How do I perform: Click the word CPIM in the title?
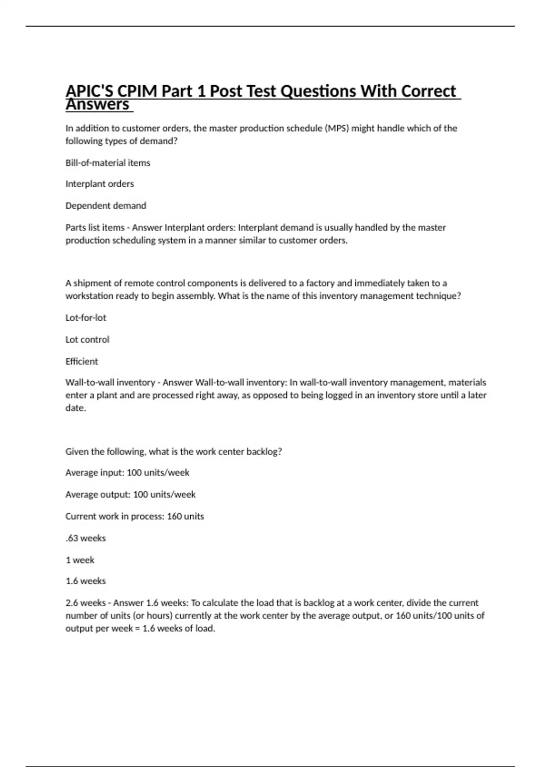[x=137, y=92]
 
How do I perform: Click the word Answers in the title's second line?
[x=98, y=105]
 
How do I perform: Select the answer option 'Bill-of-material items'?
[x=108, y=163]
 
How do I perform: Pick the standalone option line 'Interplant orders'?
[x=100, y=184]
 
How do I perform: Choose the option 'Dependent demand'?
[x=106, y=206]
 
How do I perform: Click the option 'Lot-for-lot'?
[x=86, y=318]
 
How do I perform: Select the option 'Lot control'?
[x=87, y=340]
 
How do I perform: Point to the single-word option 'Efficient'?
[x=82, y=361]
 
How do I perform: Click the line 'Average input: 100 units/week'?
[x=127, y=473]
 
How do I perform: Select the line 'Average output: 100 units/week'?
[x=130, y=494]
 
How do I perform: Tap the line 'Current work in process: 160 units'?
[x=134, y=516]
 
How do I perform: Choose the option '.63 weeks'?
[x=86, y=538]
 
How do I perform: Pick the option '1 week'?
[x=80, y=560]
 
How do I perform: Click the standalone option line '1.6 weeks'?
[x=86, y=581]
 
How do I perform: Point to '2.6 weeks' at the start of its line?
[x=86, y=603]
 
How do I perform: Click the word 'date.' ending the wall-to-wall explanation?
[x=76, y=408]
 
